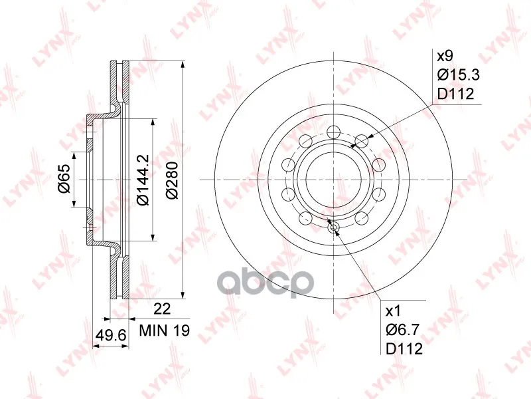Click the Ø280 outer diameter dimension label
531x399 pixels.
pos(172,180)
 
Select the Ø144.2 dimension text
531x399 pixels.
pos(143,180)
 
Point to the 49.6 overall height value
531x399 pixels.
pos(111,336)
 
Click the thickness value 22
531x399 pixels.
pos(162,309)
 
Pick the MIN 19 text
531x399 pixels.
pos(165,330)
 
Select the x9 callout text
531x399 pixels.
pos(445,56)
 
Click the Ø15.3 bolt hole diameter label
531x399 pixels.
pos(459,75)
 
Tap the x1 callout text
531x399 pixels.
pos(393,311)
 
